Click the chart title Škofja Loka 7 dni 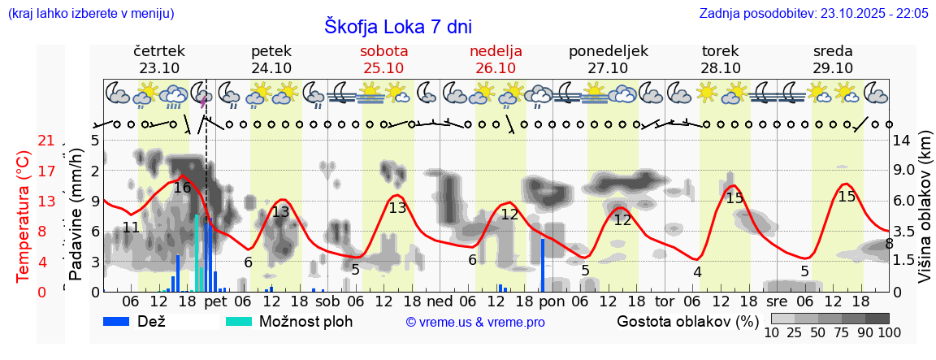pyautogui.click(x=397, y=26)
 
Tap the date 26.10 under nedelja pyautogui.click(x=496, y=68)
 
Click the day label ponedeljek pyautogui.click(x=608, y=51)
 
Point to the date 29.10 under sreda pyautogui.click(x=833, y=68)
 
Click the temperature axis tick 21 pyautogui.click(x=46, y=141)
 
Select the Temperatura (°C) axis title pyautogui.click(x=23, y=215)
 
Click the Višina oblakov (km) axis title pyautogui.click(x=925, y=215)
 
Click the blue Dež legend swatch pyautogui.click(x=121, y=321)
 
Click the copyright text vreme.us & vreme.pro pyautogui.click(x=475, y=322)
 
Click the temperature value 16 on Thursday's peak pyautogui.click(x=182, y=188)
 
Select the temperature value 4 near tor pyautogui.click(x=697, y=272)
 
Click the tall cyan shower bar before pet pyautogui.click(x=197, y=252)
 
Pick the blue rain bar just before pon pyautogui.click(x=542, y=264)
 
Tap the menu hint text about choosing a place pyautogui.click(x=90, y=13)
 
